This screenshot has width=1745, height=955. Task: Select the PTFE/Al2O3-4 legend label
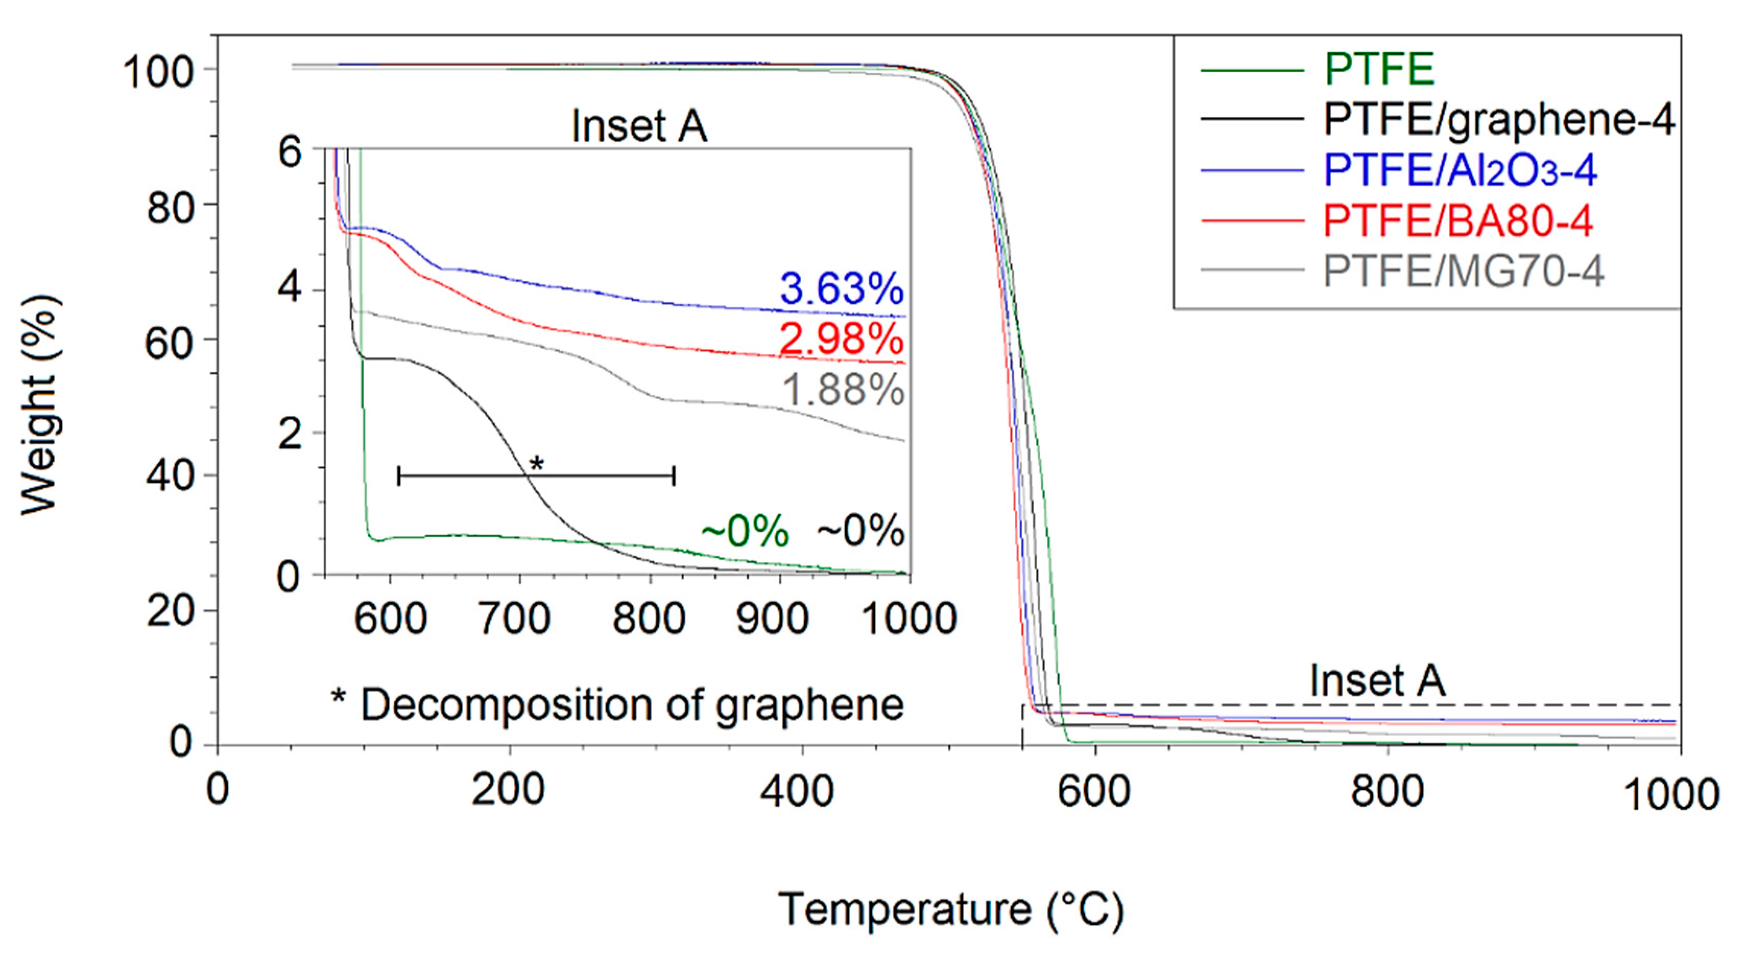pos(1460,170)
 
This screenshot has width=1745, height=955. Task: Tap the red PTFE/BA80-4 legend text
pos(1457,221)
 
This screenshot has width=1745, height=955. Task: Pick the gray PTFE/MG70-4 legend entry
pos(1463,271)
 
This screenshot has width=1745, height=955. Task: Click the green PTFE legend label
pos(1379,69)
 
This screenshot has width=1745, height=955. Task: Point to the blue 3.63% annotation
pos(841,289)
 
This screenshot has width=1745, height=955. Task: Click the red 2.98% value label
pos(841,339)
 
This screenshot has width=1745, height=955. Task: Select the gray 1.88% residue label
pos(843,390)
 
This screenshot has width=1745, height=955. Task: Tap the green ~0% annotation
pos(744,530)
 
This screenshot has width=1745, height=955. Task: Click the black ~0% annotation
pos(860,530)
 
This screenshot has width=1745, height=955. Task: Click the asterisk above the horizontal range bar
pos(536,464)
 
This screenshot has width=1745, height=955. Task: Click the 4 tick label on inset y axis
pos(290,289)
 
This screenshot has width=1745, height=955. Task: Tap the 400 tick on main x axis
pos(797,791)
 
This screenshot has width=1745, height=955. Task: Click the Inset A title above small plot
pos(639,126)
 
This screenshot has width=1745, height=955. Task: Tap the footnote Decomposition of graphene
pos(617,705)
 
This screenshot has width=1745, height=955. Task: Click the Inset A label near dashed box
pos(1377,680)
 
